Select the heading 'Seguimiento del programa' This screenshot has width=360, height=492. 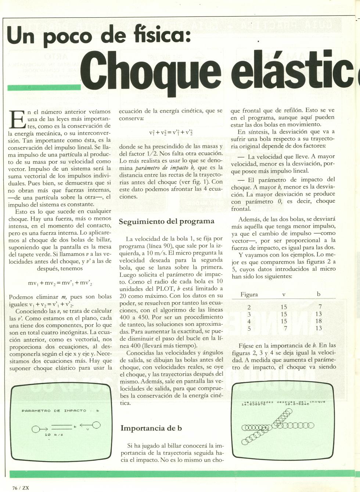(166, 221)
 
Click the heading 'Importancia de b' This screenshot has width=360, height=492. (151, 428)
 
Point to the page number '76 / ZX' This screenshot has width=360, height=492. (21, 488)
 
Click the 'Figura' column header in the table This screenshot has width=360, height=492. (249, 294)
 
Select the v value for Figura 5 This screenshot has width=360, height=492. (285, 328)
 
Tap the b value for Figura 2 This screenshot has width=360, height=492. (320, 307)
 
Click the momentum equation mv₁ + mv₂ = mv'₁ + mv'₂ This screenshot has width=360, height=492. (60, 283)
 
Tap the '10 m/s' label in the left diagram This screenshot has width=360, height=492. (54, 435)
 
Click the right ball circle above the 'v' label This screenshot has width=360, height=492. (96, 425)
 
